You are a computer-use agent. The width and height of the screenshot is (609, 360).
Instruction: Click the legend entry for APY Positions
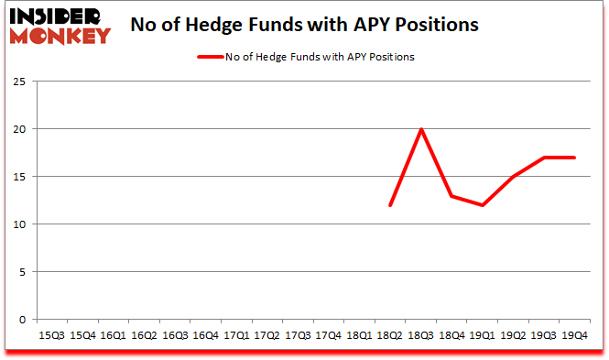305,57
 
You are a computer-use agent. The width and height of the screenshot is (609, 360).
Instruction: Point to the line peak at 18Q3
421,129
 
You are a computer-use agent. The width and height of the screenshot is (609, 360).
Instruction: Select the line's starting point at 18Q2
390,205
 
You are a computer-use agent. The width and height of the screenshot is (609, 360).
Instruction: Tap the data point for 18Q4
451,196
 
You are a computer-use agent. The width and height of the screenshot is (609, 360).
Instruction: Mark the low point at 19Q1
482,205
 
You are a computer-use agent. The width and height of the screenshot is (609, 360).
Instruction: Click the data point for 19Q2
513,177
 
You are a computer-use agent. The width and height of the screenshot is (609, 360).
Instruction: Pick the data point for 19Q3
543,158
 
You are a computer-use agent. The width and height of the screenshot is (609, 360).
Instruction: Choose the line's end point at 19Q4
574,158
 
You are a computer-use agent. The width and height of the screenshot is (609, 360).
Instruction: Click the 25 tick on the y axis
19,82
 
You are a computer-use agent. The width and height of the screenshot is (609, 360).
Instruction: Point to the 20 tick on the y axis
19,129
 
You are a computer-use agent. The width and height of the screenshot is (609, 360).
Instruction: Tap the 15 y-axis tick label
19,177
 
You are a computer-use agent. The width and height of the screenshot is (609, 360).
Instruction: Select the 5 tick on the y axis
22,272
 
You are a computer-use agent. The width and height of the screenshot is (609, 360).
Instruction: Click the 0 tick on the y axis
22,320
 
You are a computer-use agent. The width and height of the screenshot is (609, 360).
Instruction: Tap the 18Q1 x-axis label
360,335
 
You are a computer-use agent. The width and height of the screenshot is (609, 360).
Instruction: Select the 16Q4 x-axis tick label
206,335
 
